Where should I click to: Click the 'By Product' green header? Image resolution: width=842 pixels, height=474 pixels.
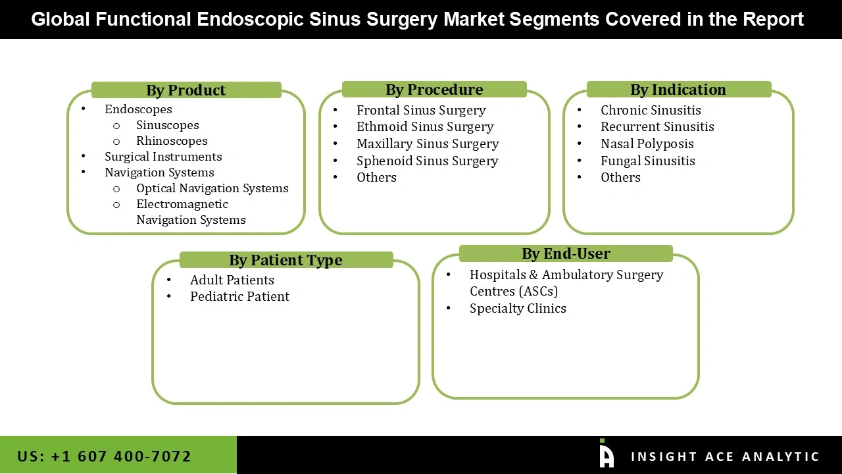click(186, 90)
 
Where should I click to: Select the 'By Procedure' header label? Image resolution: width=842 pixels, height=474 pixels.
click(434, 90)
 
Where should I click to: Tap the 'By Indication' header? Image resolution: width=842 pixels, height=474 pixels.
click(678, 90)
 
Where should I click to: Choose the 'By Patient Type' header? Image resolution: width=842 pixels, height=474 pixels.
click(285, 260)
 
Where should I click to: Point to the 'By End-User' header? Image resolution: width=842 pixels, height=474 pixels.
click(566, 253)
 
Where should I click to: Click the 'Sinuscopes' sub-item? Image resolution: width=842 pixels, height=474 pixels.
click(167, 125)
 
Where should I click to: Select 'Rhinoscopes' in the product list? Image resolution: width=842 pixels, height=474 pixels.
click(172, 141)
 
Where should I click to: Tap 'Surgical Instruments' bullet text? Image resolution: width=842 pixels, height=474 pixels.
click(163, 157)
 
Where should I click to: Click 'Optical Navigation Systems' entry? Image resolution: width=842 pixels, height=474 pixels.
click(212, 188)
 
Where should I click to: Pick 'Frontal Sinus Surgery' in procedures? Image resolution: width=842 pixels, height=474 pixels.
click(421, 111)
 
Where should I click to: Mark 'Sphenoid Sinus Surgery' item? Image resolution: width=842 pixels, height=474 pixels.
click(428, 161)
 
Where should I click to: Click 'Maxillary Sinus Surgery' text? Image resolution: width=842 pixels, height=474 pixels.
click(428, 144)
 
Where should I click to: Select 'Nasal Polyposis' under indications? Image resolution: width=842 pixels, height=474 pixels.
click(647, 144)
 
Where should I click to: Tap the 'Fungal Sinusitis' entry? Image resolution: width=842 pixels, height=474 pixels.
click(647, 161)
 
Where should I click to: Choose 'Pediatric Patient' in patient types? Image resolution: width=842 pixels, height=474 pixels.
click(239, 297)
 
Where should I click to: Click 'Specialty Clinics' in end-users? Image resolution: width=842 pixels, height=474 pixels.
click(518, 309)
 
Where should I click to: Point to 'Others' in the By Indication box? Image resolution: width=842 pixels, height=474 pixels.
click(620, 178)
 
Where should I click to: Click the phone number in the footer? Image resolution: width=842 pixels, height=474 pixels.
click(104, 456)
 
